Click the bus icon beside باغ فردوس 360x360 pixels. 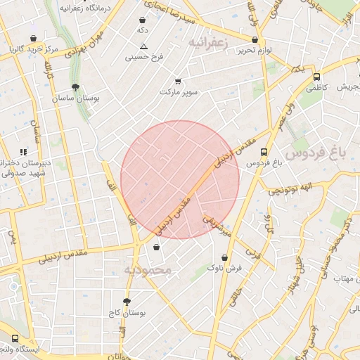[x=264, y=152]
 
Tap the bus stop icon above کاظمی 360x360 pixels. [x=316, y=77]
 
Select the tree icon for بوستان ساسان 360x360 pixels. [x=75, y=88]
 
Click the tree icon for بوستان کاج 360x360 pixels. [x=127, y=302]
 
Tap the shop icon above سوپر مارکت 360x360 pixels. [x=178, y=81]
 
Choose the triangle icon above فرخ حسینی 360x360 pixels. [x=143, y=46]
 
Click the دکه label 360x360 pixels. [x=143, y=31]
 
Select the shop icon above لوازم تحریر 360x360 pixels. [x=255, y=39]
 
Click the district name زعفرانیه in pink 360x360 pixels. [x=210, y=43]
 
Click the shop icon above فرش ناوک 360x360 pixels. [x=224, y=257]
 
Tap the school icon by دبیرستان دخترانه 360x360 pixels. [x=24, y=152]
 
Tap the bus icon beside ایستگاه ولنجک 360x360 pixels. [x=15, y=338]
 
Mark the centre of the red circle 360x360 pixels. [x=180, y=180]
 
